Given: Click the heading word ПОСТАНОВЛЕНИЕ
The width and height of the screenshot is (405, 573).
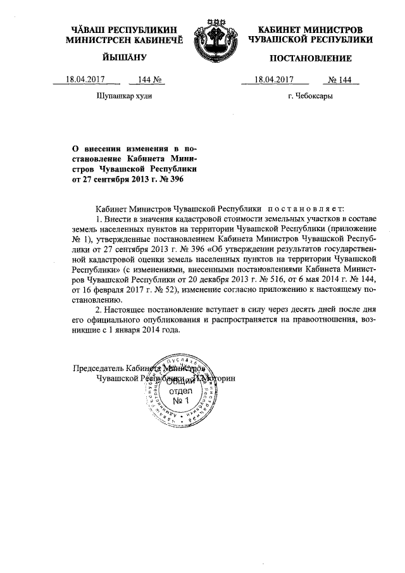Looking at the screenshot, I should click(x=310, y=59).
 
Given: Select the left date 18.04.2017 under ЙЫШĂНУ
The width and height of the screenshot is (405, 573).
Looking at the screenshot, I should click(x=85, y=80).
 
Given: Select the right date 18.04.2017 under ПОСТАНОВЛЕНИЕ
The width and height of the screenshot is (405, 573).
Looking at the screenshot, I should click(x=273, y=80).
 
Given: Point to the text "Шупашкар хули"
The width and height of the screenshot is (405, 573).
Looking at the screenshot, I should click(x=123, y=97).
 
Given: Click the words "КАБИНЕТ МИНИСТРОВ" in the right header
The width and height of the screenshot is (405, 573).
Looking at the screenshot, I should click(x=310, y=30).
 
